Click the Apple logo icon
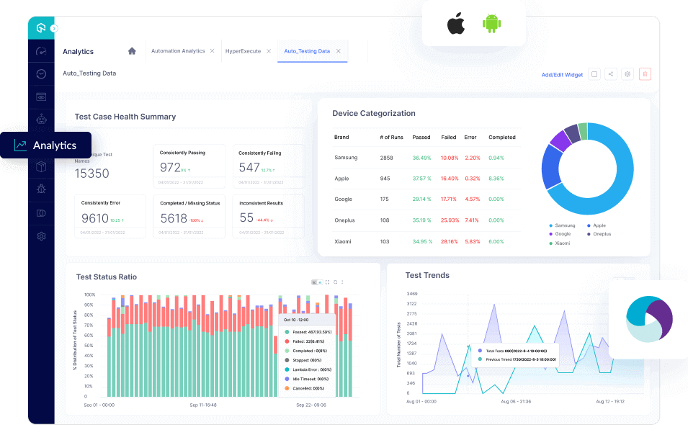455,24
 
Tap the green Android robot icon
493,24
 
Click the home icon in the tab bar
132,51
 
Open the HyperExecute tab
243,51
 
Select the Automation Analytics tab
178,51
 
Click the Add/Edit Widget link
562,75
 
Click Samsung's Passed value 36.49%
421,157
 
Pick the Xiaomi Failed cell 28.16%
449,241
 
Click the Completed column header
501,137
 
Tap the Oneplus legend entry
602,234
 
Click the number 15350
91,174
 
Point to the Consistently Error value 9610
94,218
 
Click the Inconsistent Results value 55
246,218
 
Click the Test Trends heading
427,275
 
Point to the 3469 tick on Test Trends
411,294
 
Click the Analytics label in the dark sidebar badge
55,145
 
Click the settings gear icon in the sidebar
41,236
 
